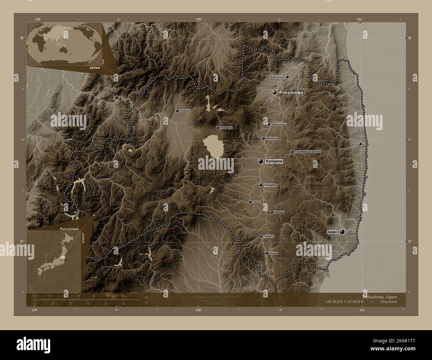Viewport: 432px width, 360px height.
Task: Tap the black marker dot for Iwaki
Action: (342, 232)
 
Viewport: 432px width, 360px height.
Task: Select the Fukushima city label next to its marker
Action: (291, 93)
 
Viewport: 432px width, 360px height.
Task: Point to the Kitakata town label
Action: (185, 111)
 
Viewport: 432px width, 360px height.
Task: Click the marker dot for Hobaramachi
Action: (287, 77)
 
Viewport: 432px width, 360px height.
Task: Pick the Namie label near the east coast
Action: (354, 144)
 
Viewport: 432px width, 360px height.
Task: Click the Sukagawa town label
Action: (270, 185)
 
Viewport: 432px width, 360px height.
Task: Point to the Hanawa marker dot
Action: (266, 253)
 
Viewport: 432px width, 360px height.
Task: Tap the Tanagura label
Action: (269, 236)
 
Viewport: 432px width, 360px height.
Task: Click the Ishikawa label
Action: (279, 212)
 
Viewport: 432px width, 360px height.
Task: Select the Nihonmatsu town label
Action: (279, 124)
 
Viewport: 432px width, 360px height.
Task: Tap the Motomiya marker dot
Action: (263, 138)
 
